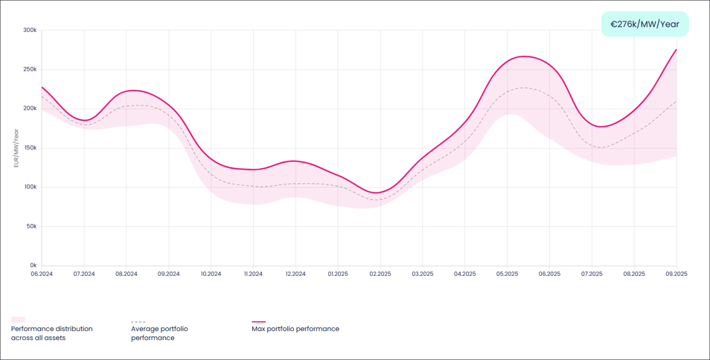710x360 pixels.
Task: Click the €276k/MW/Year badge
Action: pos(645,24)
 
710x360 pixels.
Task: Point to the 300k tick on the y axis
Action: pos(30,30)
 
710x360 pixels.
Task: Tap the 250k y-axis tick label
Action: pos(30,69)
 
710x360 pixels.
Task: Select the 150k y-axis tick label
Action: pos(30,148)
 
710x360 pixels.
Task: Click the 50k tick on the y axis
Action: pos(31,226)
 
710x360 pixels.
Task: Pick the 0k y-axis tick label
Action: pos(33,266)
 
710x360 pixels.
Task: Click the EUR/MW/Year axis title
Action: pos(16,147)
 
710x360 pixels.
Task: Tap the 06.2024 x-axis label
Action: pos(42,274)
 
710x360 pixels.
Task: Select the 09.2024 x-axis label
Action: pos(169,274)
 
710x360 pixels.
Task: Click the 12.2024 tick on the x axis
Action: pos(295,274)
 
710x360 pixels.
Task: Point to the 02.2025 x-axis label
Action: pos(380,274)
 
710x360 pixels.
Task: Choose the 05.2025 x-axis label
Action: pos(507,274)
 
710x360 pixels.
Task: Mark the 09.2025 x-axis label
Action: pos(676,274)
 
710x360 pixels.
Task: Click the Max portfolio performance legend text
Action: pos(295,329)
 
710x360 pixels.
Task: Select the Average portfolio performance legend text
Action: pos(159,333)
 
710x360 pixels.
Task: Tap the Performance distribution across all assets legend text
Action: pos(52,333)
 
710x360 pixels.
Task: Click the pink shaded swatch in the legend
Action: pos(18,320)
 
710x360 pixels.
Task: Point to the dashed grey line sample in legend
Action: pos(138,322)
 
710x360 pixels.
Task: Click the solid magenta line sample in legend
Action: pos(258,322)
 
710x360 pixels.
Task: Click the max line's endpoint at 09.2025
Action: pos(676,50)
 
